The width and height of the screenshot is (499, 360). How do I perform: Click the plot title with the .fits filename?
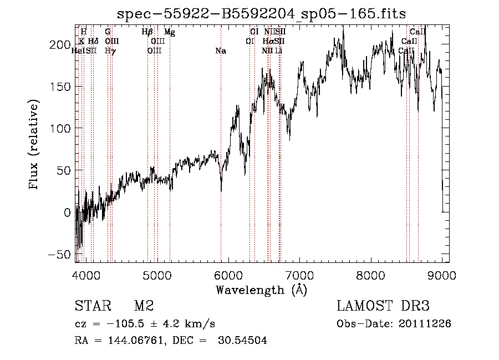(x=261, y=13)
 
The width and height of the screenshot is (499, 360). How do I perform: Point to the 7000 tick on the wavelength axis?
(x=299, y=273)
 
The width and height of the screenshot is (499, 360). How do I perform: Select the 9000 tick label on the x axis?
(x=442, y=273)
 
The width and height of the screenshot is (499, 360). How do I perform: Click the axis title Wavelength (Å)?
(x=261, y=290)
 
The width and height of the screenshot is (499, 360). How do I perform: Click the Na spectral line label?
(x=221, y=51)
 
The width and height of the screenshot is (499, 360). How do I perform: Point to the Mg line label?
(x=170, y=32)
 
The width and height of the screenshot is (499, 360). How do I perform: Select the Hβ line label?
(x=147, y=32)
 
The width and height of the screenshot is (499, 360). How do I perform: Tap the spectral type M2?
(x=143, y=306)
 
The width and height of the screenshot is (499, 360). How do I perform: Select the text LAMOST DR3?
(x=383, y=306)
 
